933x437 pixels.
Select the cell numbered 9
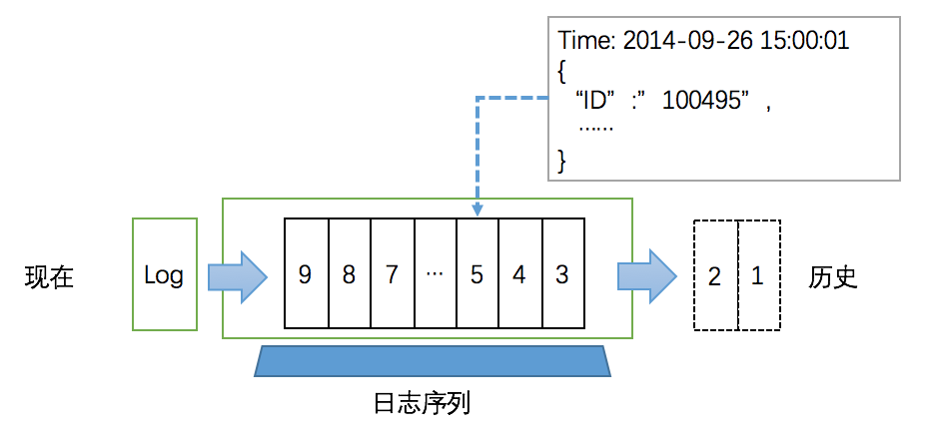(x=306, y=273)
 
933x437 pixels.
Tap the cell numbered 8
(x=350, y=273)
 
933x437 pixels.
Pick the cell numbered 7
(x=393, y=273)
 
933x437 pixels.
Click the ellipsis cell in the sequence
(x=436, y=273)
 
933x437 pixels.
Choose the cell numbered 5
(x=477, y=273)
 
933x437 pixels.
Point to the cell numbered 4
(x=520, y=273)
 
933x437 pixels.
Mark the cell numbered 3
(x=563, y=273)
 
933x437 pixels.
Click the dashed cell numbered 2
(x=716, y=275)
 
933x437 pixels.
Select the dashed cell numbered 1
(x=759, y=275)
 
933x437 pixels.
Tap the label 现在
(x=49, y=277)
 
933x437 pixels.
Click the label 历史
(x=832, y=277)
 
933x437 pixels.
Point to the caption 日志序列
(x=422, y=404)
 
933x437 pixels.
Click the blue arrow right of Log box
(x=238, y=276)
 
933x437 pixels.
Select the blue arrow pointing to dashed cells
(x=647, y=276)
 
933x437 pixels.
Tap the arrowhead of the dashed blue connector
(x=477, y=211)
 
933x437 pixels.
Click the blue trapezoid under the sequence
(x=433, y=361)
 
